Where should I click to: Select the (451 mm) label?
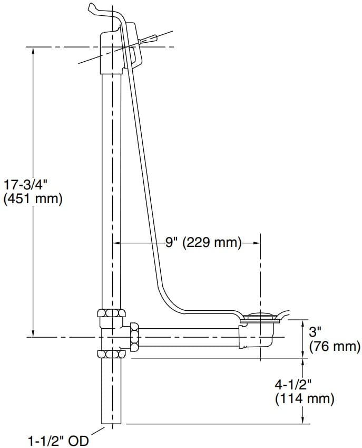(33, 199)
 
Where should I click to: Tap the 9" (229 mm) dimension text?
(203, 243)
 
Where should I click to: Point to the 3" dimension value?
(315, 332)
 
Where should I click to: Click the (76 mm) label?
(335, 347)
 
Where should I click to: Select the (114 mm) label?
(305, 399)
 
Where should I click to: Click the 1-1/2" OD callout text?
(58, 440)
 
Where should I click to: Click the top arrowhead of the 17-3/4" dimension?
(34, 51)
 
